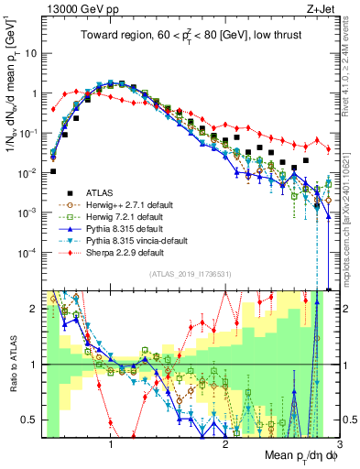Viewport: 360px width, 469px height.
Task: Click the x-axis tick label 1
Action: tap(111, 446)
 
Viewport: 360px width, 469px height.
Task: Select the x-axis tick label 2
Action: tap(225, 446)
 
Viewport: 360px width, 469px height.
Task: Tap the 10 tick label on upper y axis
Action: tap(30, 53)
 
